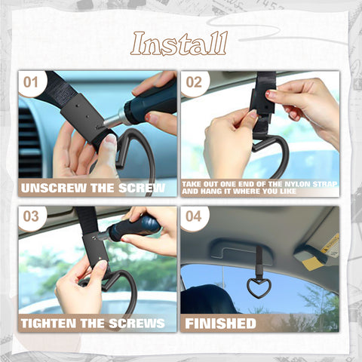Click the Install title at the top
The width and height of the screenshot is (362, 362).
pyautogui.click(x=179, y=44)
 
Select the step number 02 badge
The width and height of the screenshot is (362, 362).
pyautogui.click(x=194, y=81)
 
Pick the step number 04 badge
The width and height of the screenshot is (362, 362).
pyautogui.click(x=194, y=216)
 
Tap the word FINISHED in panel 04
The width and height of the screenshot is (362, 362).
pyautogui.click(x=221, y=323)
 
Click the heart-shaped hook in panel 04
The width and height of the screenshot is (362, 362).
pyautogui.click(x=258, y=288)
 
